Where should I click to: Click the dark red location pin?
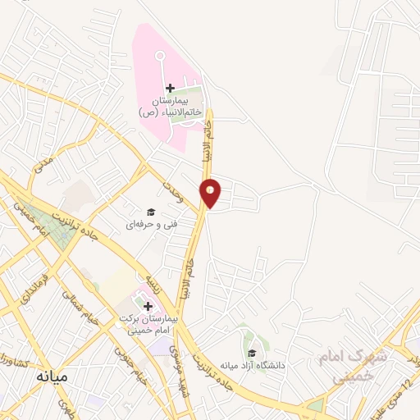pos(212,191)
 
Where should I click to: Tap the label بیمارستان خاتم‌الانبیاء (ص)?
pos(170,106)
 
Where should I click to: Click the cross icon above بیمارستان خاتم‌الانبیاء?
pos(170,88)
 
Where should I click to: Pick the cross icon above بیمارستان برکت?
pos(148,306)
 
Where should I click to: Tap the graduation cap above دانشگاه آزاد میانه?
pos(251,353)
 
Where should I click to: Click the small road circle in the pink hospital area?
pos(160,55)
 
